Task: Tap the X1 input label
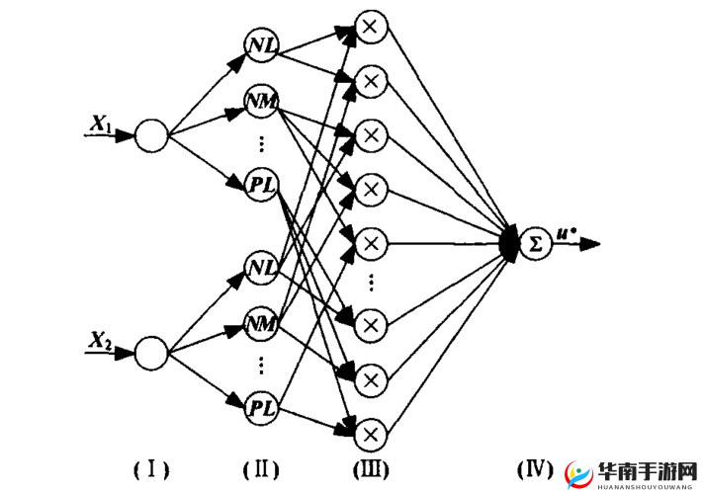pos(100,124)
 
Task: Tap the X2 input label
pos(100,340)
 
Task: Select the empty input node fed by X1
pos(151,135)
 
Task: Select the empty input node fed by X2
pos(151,352)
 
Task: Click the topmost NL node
pos(261,45)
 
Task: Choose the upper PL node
pos(262,184)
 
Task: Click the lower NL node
pos(261,267)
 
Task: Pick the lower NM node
pos(262,322)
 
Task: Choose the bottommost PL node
pos(262,405)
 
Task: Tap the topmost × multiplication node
pos(370,27)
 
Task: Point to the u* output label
pos(567,233)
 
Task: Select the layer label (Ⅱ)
pos(261,468)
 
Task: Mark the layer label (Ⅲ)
pos(370,468)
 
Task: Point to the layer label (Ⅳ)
pos(535,468)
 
